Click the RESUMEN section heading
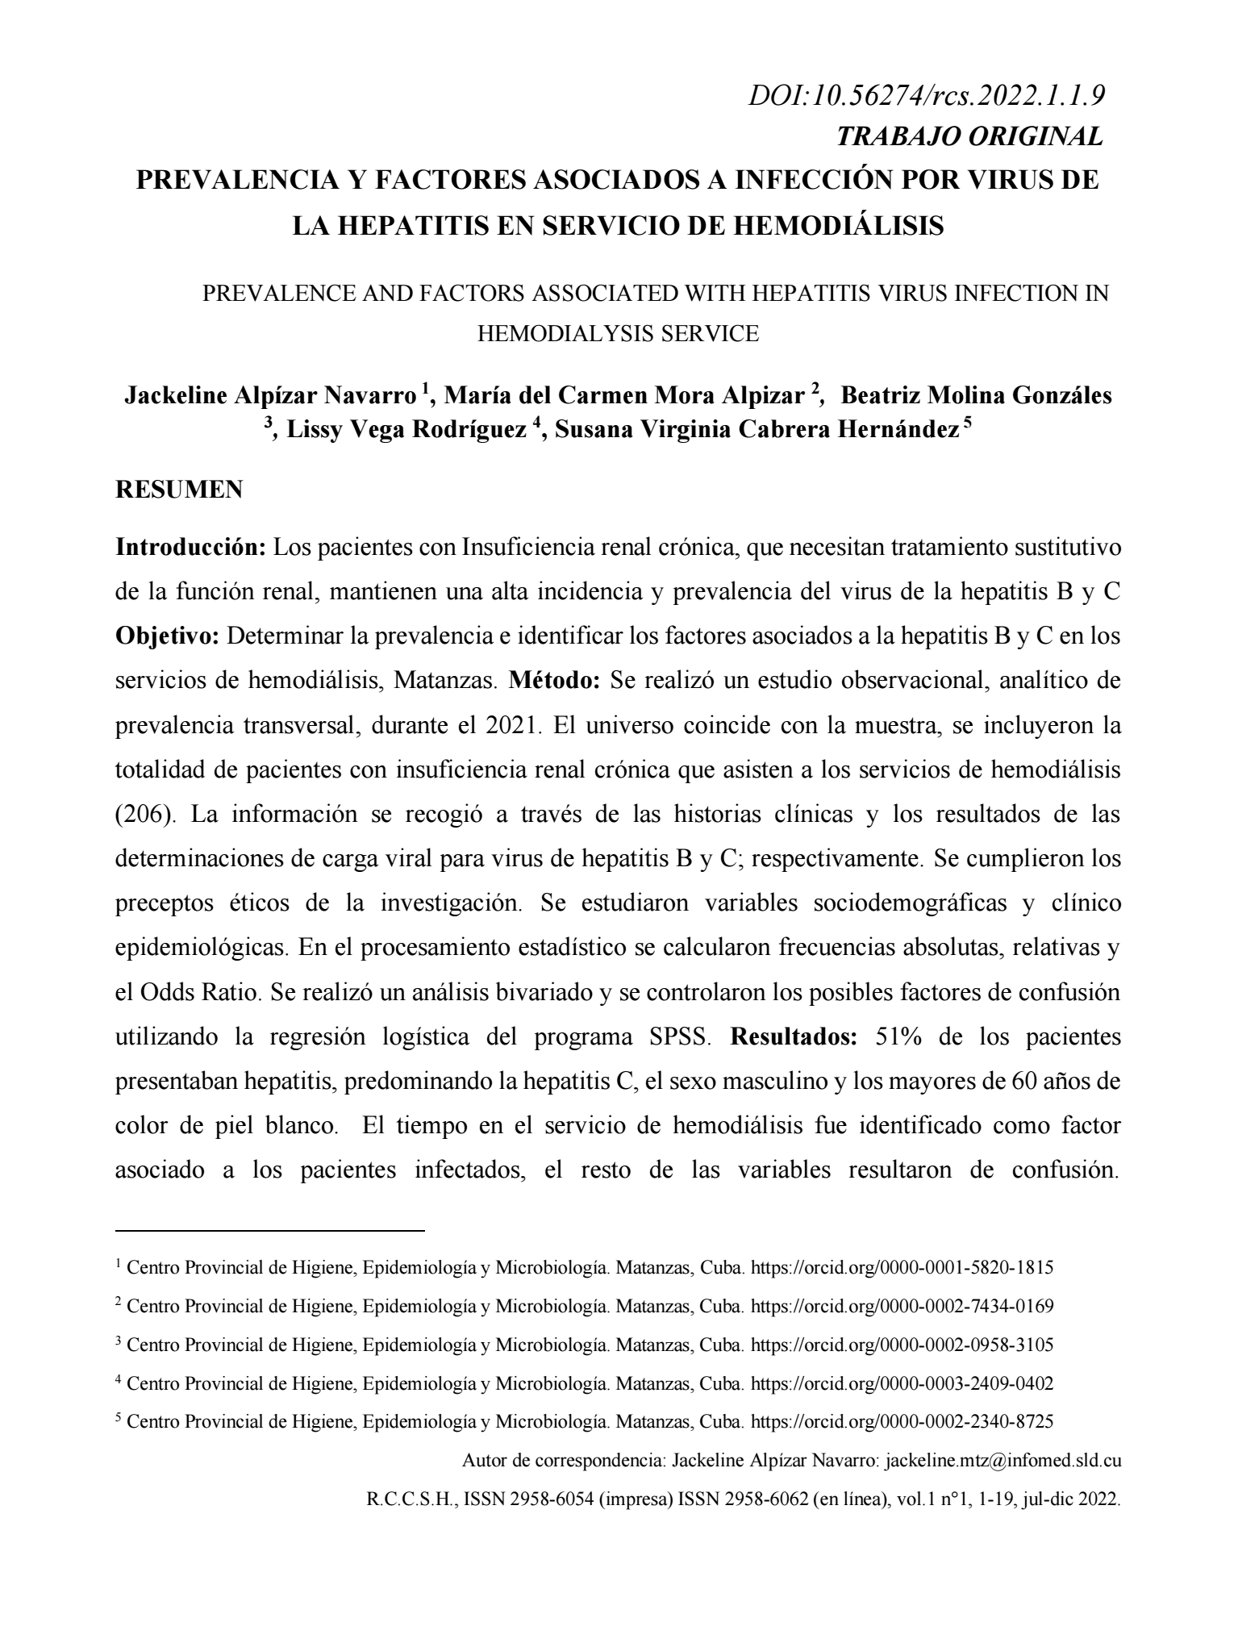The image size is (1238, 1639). (x=179, y=490)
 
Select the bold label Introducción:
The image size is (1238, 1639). (x=191, y=548)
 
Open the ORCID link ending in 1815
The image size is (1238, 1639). (x=902, y=1267)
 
